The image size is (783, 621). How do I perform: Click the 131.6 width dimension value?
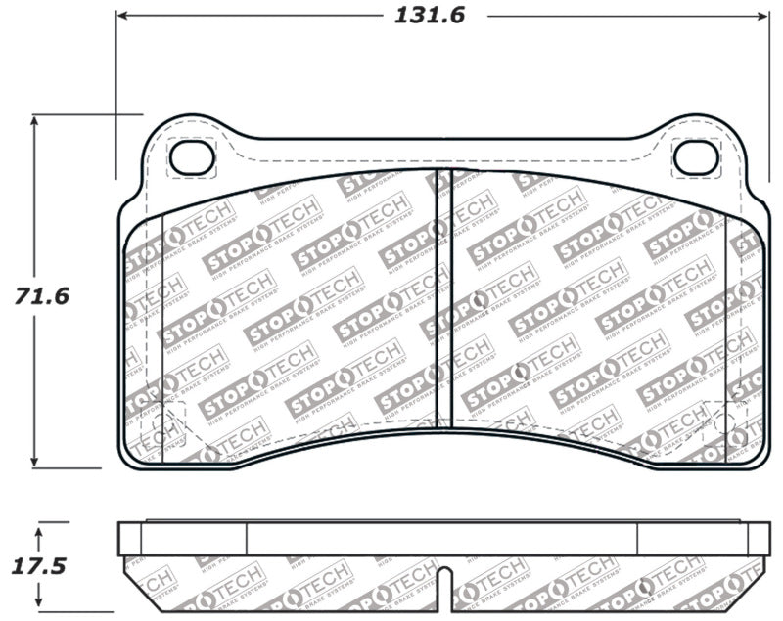coord(429,17)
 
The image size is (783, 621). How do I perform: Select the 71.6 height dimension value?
coord(42,294)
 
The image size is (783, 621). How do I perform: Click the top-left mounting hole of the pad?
coord(192,156)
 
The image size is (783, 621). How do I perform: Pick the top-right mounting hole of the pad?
coord(696,156)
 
